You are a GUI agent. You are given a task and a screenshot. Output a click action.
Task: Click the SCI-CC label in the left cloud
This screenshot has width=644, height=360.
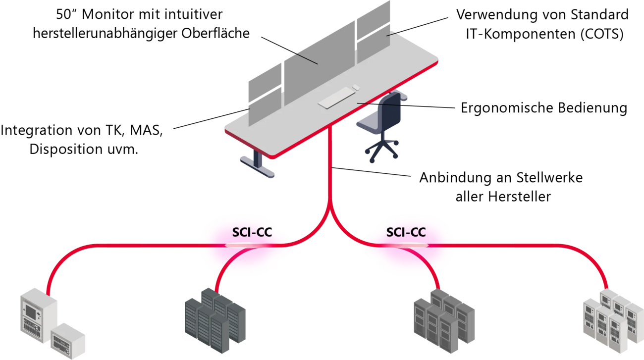pos(252,232)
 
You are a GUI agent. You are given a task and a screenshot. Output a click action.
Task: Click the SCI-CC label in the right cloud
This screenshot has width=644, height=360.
pos(406,232)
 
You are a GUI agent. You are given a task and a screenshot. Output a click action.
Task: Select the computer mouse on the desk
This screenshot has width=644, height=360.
pos(356,88)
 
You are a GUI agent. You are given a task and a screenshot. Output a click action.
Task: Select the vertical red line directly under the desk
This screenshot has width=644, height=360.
pos(330,168)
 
